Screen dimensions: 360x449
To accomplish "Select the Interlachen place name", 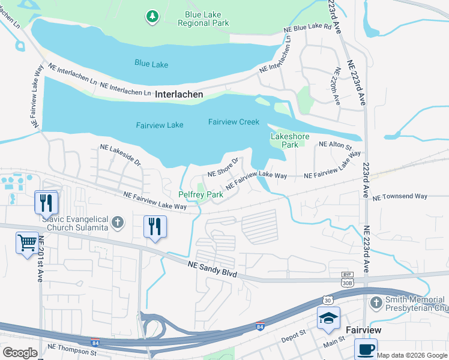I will point(179,95).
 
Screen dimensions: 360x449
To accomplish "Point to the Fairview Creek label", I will point(234,122).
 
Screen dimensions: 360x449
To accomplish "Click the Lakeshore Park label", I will point(290,140).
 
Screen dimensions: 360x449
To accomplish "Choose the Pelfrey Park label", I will point(201,194).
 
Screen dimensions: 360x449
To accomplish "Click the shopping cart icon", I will point(28,244).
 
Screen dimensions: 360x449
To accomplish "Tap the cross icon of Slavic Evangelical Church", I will point(118,223).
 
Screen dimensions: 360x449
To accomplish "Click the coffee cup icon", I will point(365,349).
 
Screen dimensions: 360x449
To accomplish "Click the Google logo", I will point(20,353).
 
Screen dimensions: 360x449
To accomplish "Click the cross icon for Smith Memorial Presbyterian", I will point(376,302).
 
